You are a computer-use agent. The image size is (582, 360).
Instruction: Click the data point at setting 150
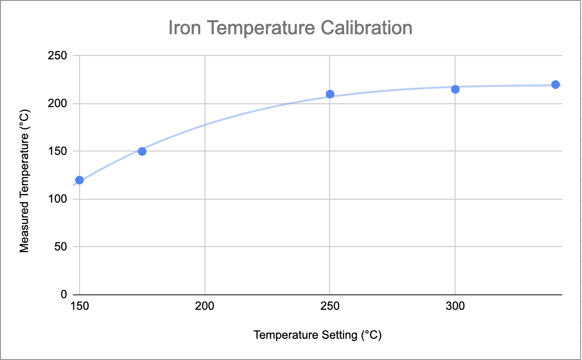[80, 180]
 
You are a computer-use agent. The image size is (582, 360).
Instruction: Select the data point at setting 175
[142, 151]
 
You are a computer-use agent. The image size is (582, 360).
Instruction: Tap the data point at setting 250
[330, 94]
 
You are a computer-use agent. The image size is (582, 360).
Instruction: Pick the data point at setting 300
[455, 89]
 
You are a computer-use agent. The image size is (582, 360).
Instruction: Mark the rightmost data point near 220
[555, 84]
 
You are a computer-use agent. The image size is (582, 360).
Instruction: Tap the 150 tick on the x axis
[80, 306]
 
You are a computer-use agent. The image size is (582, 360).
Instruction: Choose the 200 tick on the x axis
[205, 306]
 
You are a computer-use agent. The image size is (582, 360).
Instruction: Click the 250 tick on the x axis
[330, 306]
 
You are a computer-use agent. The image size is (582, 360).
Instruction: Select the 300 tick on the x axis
[455, 306]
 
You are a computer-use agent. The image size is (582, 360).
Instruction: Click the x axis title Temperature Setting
[318, 335]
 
